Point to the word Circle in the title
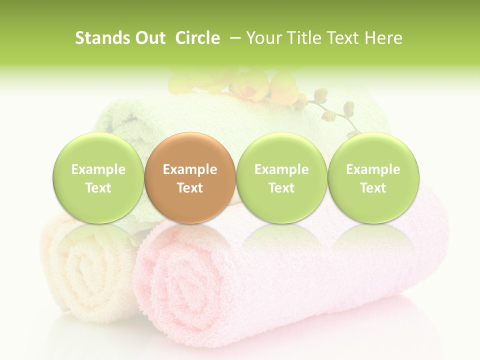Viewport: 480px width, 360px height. (x=197, y=38)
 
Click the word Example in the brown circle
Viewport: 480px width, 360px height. (x=190, y=169)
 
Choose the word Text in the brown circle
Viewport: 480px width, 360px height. (x=190, y=188)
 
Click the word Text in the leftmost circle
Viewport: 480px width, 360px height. (x=98, y=188)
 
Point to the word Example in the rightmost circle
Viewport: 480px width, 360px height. (x=373, y=169)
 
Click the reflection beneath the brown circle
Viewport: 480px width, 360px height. (x=190, y=240)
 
